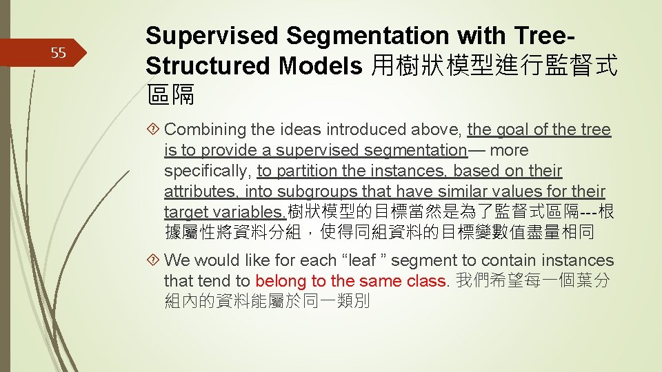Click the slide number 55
pyautogui.click(x=58, y=53)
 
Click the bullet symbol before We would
pyautogui.click(x=154, y=260)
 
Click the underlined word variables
pyautogui.click(x=248, y=212)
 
